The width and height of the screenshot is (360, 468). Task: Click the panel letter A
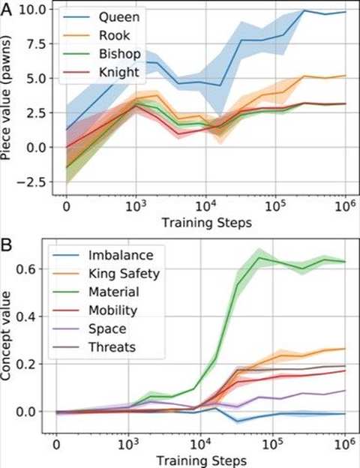click(x=7, y=7)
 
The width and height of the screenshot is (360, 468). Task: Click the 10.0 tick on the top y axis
click(x=34, y=9)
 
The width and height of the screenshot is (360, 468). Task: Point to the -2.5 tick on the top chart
click(x=33, y=181)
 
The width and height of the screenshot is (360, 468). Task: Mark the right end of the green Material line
click(x=344, y=262)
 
